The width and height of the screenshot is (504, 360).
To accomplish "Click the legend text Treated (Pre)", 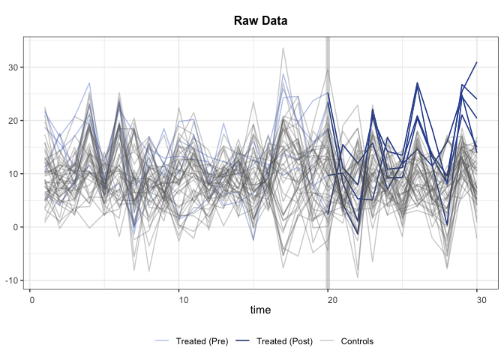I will pyautogui.click(x=202, y=341).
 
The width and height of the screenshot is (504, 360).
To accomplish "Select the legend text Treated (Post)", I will pyautogui.click(x=284, y=341).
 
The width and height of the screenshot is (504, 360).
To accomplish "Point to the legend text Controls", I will pyautogui.click(x=357, y=341).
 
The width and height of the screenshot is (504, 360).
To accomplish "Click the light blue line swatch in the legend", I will pyautogui.click(x=163, y=341).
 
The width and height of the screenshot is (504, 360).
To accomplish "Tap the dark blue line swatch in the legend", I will pyautogui.click(x=244, y=341).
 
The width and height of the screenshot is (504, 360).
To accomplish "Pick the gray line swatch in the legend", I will pyautogui.click(x=328, y=341).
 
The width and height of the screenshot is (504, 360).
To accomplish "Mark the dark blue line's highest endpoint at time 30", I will pyautogui.click(x=477, y=62).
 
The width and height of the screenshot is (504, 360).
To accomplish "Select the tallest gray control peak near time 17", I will pyautogui.click(x=283, y=48).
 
